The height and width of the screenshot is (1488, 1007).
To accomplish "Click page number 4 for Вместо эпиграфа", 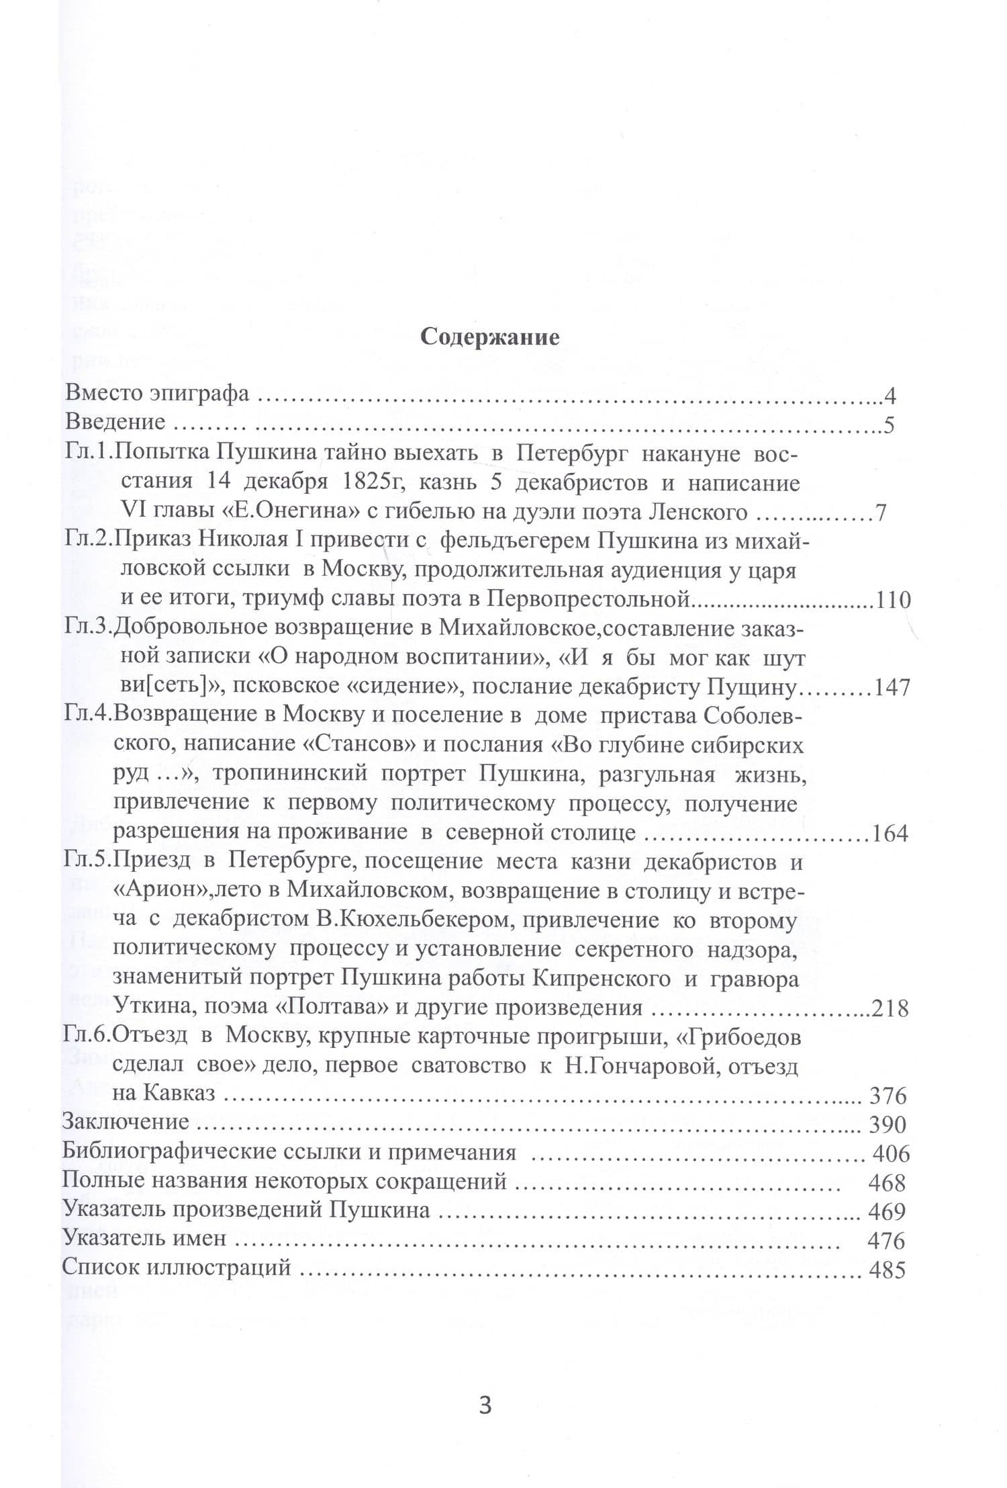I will (x=890, y=396).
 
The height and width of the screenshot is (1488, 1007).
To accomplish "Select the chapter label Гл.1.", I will (x=89, y=454).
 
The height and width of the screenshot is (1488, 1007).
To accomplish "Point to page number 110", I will (x=893, y=599).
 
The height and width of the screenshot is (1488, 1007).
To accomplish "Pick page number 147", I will (x=893, y=688).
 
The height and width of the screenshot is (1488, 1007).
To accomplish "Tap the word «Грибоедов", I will (x=739, y=1038).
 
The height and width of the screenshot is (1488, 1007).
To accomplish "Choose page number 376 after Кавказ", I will (x=888, y=1096).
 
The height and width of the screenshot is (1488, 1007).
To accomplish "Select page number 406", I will (x=891, y=1153).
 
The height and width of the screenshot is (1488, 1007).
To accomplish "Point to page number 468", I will (x=887, y=1182).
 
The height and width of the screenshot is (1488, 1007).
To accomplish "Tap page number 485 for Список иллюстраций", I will (x=887, y=1270).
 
